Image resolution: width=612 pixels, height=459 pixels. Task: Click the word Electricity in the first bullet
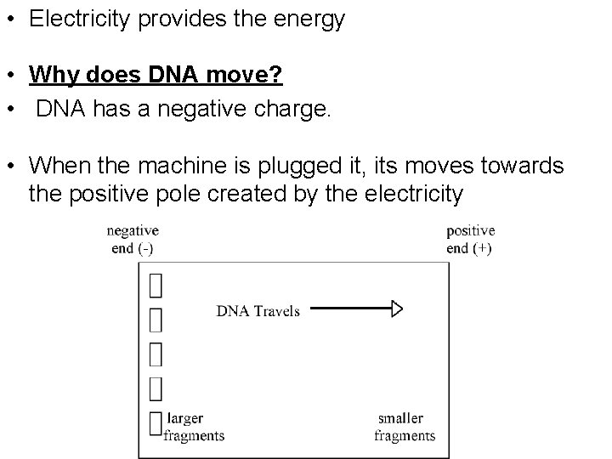72,20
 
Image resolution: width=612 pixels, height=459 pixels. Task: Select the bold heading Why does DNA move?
156,76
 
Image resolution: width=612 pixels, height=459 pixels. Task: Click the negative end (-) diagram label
132,239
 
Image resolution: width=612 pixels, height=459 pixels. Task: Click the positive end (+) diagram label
470,239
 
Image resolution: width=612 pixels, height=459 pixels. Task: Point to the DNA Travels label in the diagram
258,310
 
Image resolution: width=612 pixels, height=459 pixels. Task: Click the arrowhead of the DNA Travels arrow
396,309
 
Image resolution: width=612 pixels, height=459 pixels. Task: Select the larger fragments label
195,427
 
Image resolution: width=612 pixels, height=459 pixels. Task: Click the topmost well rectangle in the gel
156,285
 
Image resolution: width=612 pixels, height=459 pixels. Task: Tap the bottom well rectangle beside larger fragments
156,422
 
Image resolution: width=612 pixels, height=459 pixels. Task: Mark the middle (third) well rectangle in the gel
156,354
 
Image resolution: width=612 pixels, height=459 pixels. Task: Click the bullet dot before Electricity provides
11,20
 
